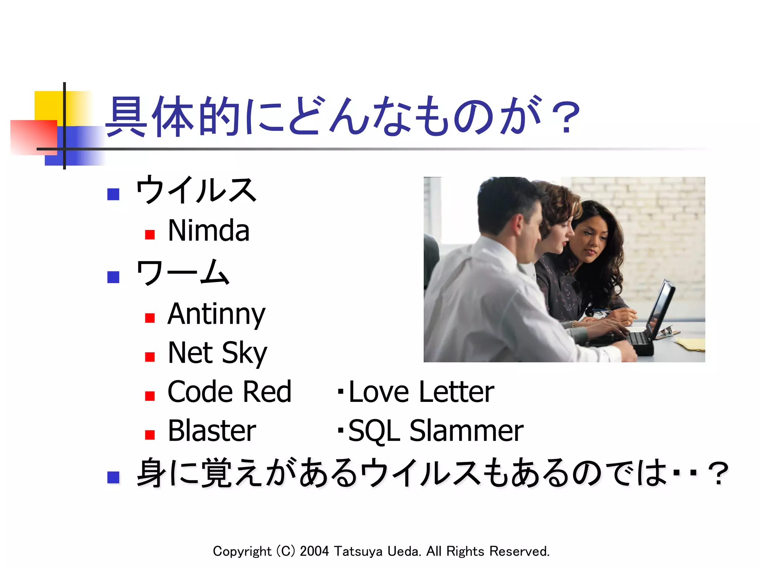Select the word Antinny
[216, 314]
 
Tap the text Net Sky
[217, 353]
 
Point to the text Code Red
[229, 392]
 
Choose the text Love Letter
[421, 392]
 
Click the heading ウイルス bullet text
[196, 190]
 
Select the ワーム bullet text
[183, 273]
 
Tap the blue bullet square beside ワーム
[113, 277]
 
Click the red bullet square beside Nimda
[150, 235]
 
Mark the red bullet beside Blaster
[150, 435]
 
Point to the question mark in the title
[565, 118]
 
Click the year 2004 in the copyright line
[314, 551]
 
